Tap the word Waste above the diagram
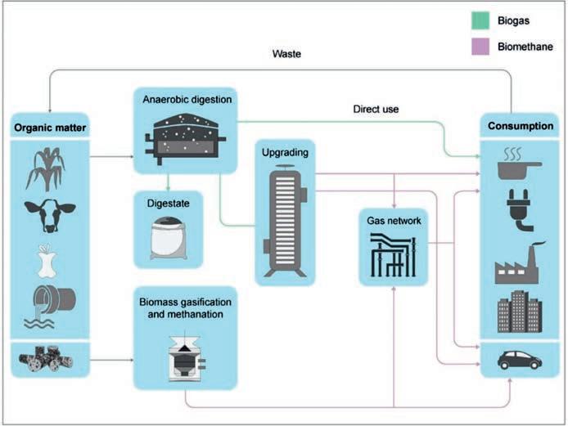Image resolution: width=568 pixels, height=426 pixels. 287,55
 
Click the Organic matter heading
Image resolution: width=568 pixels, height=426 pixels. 47,127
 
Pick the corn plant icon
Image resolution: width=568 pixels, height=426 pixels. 46,168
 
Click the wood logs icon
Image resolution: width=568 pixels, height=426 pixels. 47,357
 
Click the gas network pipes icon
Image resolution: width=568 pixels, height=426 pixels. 394,254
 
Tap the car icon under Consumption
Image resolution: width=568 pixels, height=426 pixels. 519,357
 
